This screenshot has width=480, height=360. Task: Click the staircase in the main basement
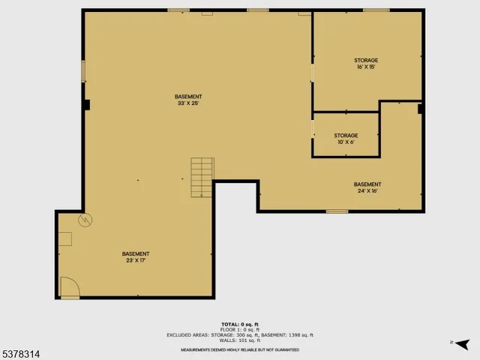click(202, 177)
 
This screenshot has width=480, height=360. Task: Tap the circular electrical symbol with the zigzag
click(85, 220)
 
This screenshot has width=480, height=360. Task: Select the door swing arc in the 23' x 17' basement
click(69, 286)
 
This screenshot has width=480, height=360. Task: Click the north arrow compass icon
click(462, 343)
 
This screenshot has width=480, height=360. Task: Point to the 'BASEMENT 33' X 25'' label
click(188, 100)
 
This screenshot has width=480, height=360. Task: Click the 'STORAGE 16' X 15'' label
click(366, 63)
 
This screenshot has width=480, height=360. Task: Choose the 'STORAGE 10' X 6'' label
click(346, 139)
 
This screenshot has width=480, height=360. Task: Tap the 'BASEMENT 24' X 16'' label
click(367, 187)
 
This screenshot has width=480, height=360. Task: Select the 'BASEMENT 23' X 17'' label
click(136, 257)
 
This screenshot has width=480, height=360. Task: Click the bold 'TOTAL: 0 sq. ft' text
click(240, 325)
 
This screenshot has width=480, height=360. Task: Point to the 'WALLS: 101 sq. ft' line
click(240, 340)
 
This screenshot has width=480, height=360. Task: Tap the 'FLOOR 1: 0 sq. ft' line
click(240, 330)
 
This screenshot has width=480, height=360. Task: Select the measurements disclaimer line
click(240, 349)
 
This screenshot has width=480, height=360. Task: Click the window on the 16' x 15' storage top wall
click(376, 10)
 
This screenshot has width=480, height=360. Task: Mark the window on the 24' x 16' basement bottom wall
click(337, 211)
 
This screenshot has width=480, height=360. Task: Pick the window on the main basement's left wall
click(83, 71)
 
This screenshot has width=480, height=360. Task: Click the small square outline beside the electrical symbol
click(65, 239)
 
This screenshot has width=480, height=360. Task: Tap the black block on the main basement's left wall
click(87, 105)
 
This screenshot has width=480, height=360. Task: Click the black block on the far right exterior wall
click(421, 109)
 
